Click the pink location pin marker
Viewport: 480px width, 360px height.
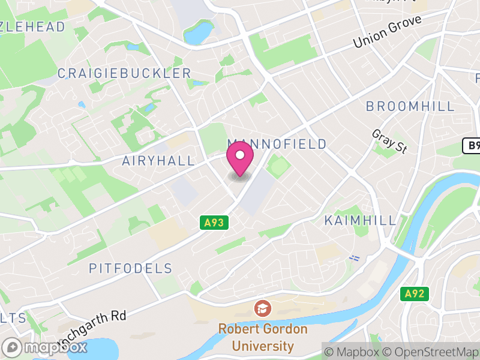click(x=240, y=158)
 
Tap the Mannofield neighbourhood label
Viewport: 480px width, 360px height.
click(x=277, y=144)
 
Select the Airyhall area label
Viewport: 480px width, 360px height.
click(x=158, y=161)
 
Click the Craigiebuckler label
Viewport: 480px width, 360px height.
click(x=124, y=73)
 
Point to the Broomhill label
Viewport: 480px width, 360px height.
click(x=410, y=106)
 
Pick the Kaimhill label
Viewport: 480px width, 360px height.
click(x=361, y=220)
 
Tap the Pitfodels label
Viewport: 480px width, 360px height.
click(x=131, y=268)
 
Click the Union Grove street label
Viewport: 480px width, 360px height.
click(x=388, y=32)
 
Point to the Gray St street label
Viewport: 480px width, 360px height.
click(x=389, y=142)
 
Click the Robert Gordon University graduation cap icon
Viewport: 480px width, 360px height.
click(x=262, y=309)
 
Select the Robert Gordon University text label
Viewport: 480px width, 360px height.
click(x=262, y=337)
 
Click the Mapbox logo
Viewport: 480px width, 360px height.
click(x=46, y=347)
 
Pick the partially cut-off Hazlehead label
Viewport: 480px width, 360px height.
click(x=32, y=26)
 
